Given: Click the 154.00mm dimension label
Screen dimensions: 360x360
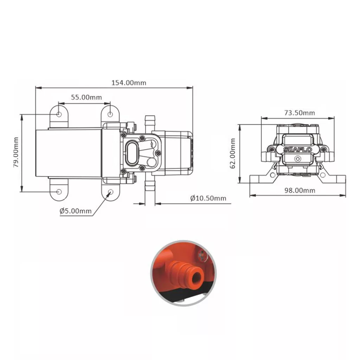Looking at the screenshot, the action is pyautogui.click(x=129, y=83).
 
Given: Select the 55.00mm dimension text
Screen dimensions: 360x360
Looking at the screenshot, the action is pyautogui.click(x=86, y=97).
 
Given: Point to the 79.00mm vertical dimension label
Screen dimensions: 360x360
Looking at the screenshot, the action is pyautogui.click(x=16, y=152).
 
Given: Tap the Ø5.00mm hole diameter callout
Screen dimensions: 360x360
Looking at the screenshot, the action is pyautogui.click(x=76, y=211).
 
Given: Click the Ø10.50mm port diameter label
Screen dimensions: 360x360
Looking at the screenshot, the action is pyautogui.click(x=208, y=198).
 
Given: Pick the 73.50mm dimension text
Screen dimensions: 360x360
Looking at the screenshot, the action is pyautogui.click(x=300, y=113).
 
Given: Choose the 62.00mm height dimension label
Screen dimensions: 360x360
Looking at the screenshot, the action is pyautogui.click(x=233, y=153).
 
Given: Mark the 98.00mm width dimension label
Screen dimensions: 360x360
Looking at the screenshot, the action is pyautogui.click(x=300, y=190).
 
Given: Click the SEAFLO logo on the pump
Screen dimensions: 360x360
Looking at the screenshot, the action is pyautogui.click(x=297, y=150).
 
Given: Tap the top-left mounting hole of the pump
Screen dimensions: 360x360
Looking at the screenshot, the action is pyautogui.click(x=59, y=114).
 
